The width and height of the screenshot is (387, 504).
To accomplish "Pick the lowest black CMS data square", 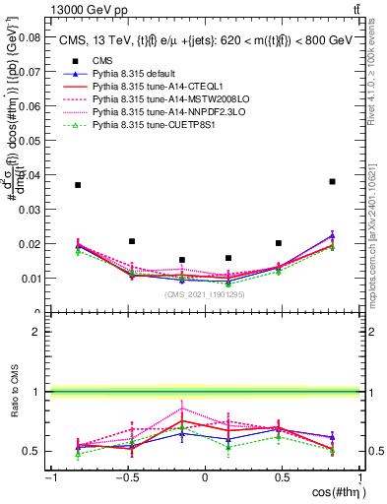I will coord(182,260).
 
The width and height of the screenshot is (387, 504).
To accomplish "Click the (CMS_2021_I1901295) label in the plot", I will coord(205,294).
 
